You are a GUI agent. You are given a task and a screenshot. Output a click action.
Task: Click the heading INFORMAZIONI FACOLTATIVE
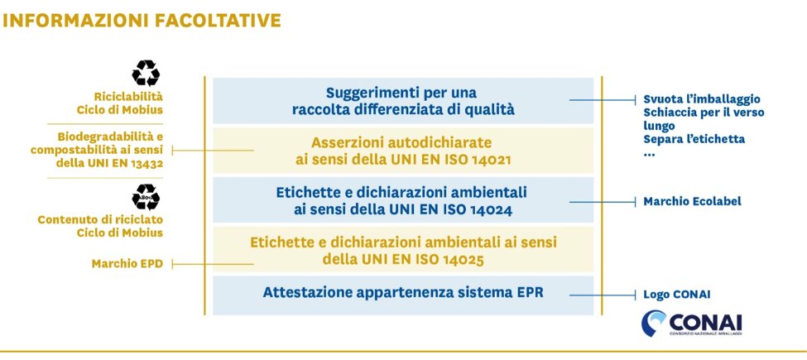(x=142, y=21)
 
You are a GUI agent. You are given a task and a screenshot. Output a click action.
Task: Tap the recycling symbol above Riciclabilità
(x=146, y=73)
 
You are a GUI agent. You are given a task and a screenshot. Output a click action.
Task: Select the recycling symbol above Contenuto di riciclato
(x=146, y=198)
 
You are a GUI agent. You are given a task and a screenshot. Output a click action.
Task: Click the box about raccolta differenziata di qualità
(x=403, y=101)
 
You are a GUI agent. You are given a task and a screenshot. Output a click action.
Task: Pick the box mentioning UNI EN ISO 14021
(x=403, y=150)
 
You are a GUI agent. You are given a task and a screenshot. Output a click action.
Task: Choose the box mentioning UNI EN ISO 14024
(x=403, y=200)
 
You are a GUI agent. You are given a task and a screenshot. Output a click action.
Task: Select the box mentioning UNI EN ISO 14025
(x=403, y=249)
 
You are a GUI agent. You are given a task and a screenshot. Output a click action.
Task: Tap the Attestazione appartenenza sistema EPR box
(x=403, y=295)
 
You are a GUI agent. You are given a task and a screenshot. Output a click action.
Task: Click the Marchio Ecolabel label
(x=692, y=202)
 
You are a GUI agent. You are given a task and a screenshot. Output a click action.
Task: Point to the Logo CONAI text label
(x=677, y=295)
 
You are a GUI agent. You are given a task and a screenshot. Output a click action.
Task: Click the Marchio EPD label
(x=127, y=264)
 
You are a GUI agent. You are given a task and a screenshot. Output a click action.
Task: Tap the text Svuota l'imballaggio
(x=702, y=98)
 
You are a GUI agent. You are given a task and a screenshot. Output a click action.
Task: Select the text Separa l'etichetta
(x=694, y=139)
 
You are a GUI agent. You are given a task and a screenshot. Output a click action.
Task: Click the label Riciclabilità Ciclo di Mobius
(x=119, y=103)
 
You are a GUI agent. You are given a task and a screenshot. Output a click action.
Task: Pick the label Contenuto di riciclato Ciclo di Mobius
(x=100, y=226)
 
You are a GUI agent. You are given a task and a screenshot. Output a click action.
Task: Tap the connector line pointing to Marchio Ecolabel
(x=603, y=202)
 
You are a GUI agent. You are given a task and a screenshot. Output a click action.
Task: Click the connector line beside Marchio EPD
(x=213, y=264)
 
